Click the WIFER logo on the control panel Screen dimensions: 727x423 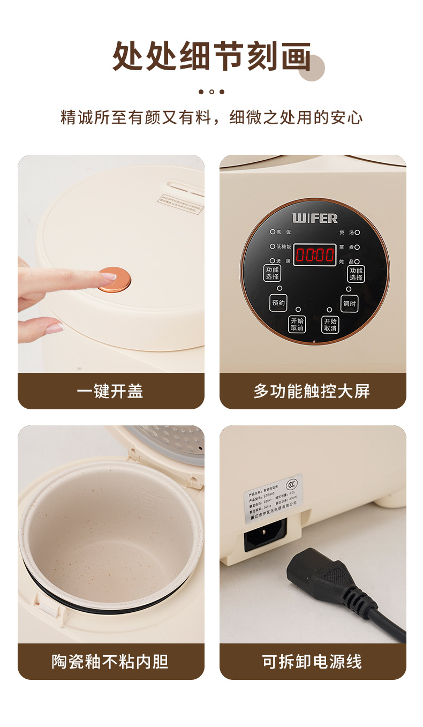click(x=315, y=218)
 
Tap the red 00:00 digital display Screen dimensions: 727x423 click(x=315, y=254)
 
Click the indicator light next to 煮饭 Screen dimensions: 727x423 click(x=272, y=232)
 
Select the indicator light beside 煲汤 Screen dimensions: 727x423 click(x=357, y=233)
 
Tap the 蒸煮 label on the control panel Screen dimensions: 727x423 click(x=345, y=247)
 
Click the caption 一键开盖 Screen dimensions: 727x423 click(x=110, y=391)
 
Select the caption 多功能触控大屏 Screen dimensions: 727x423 click(x=312, y=391)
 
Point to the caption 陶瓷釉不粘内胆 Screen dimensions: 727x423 click(x=110, y=662)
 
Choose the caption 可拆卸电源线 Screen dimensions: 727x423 click(x=312, y=662)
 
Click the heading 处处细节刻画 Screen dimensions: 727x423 click(x=212, y=56)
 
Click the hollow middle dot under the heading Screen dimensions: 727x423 click(x=211, y=92)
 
